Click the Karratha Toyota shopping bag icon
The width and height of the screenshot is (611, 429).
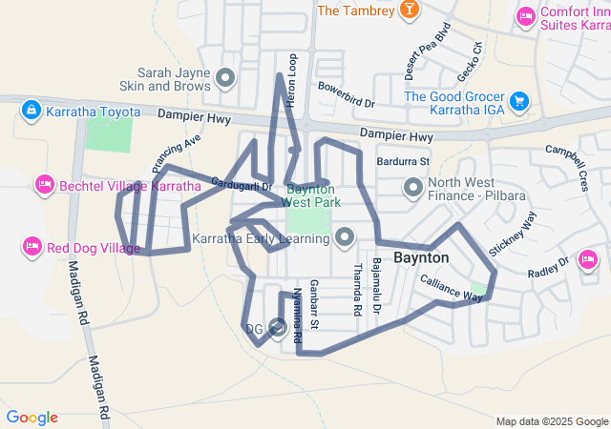click(x=31, y=112)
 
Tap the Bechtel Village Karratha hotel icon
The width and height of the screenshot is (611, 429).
click(x=44, y=183)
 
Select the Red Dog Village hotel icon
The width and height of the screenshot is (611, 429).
click(x=31, y=248)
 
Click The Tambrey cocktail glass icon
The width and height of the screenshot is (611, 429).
click(x=409, y=10)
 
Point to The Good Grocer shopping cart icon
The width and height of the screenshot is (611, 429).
click(x=519, y=100)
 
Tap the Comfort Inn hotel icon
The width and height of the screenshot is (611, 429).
click(x=525, y=16)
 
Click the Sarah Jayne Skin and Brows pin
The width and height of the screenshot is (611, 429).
click(x=225, y=77)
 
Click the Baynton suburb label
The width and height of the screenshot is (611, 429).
click(x=421, y=257)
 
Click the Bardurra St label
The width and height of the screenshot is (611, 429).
click(x=404, y=162)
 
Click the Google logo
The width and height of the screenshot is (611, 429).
click(x=32, y=418)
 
